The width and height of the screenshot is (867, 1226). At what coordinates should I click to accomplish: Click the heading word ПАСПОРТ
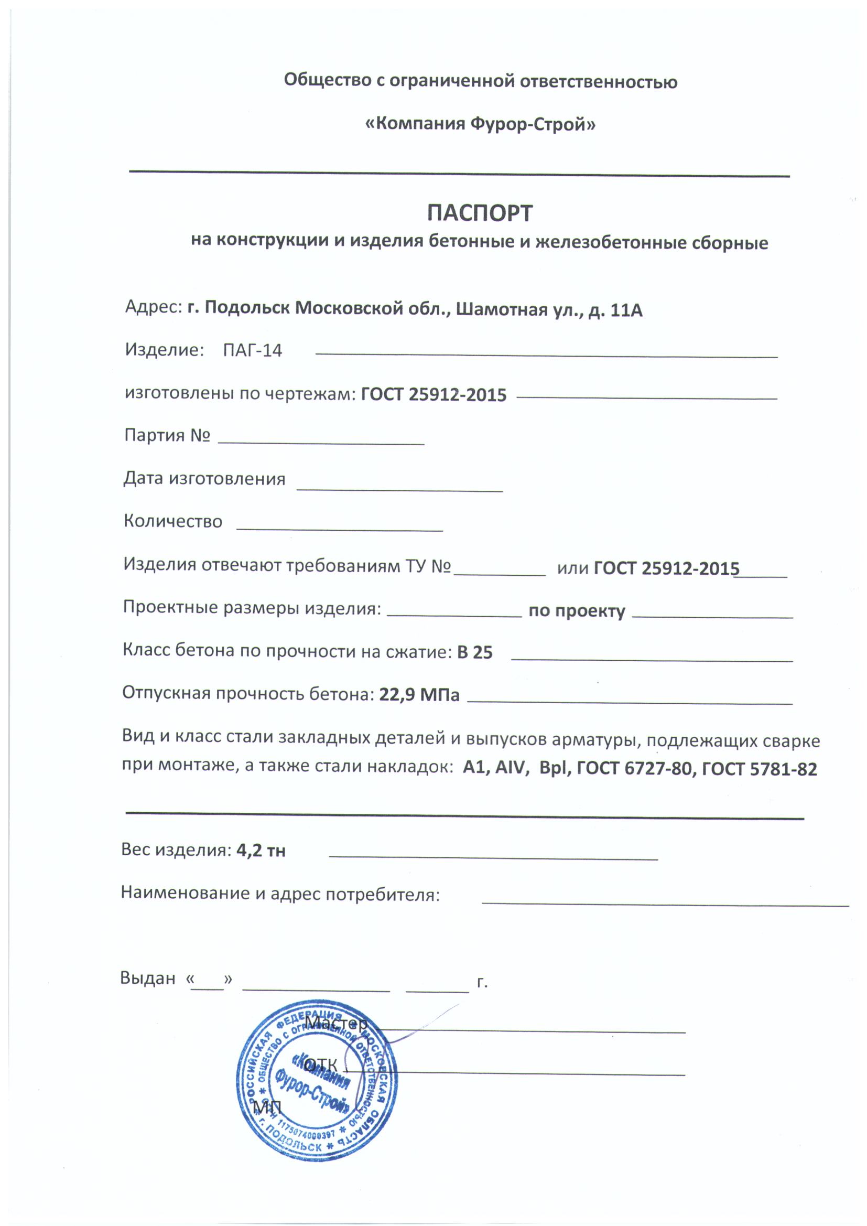click(x=480, y=213)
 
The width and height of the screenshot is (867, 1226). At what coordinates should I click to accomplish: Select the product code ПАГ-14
click(x=252, y=351)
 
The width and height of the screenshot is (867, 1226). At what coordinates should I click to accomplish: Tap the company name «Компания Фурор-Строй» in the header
click(x=480, y=124)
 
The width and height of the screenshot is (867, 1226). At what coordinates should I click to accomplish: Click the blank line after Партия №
click(x=321, y=442)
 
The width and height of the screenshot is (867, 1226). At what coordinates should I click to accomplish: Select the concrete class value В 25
click(x=474, y=652)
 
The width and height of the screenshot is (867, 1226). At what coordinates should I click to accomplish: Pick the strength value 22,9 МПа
click(x=419, y=695)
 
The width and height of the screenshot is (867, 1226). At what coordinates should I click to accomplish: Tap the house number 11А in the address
click(x=626, y=310)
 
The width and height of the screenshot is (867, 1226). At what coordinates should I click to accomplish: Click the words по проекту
click(x=577, y=611)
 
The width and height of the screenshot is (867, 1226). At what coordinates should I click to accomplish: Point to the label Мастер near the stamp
click(x=336, y=1023)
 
